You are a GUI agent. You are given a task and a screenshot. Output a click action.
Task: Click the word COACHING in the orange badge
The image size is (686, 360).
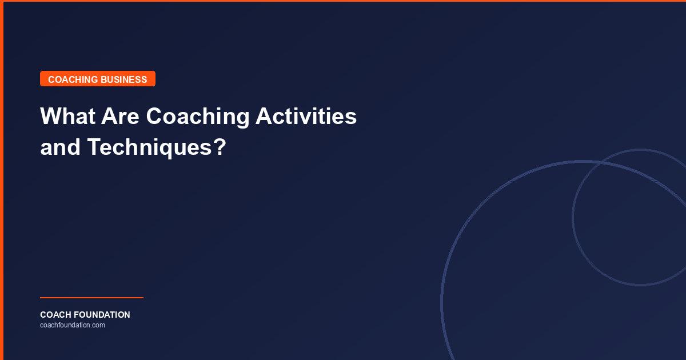click(x=73, y=79)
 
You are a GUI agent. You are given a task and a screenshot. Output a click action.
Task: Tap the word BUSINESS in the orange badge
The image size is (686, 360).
click(x=123, y=79)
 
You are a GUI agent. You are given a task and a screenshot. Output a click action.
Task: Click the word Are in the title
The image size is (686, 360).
click(x=119, y=117)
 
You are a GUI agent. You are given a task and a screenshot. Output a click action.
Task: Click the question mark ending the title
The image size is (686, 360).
click(x=220, y=147)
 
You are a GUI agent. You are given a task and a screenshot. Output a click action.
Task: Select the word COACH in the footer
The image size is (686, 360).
click(x=56, y=315)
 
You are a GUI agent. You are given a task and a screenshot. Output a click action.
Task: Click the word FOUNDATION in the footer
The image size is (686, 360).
click(x=103, y=315)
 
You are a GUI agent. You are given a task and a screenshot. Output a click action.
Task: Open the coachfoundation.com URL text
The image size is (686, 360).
click(x=73, y=325)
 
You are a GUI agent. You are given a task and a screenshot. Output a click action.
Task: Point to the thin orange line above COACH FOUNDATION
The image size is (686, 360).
click(x=91, y=298)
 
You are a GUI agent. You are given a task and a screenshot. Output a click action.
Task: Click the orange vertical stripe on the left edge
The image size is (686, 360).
click(x=2, y=180)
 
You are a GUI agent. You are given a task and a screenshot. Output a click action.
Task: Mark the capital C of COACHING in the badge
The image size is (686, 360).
click(x=51, y=79)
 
